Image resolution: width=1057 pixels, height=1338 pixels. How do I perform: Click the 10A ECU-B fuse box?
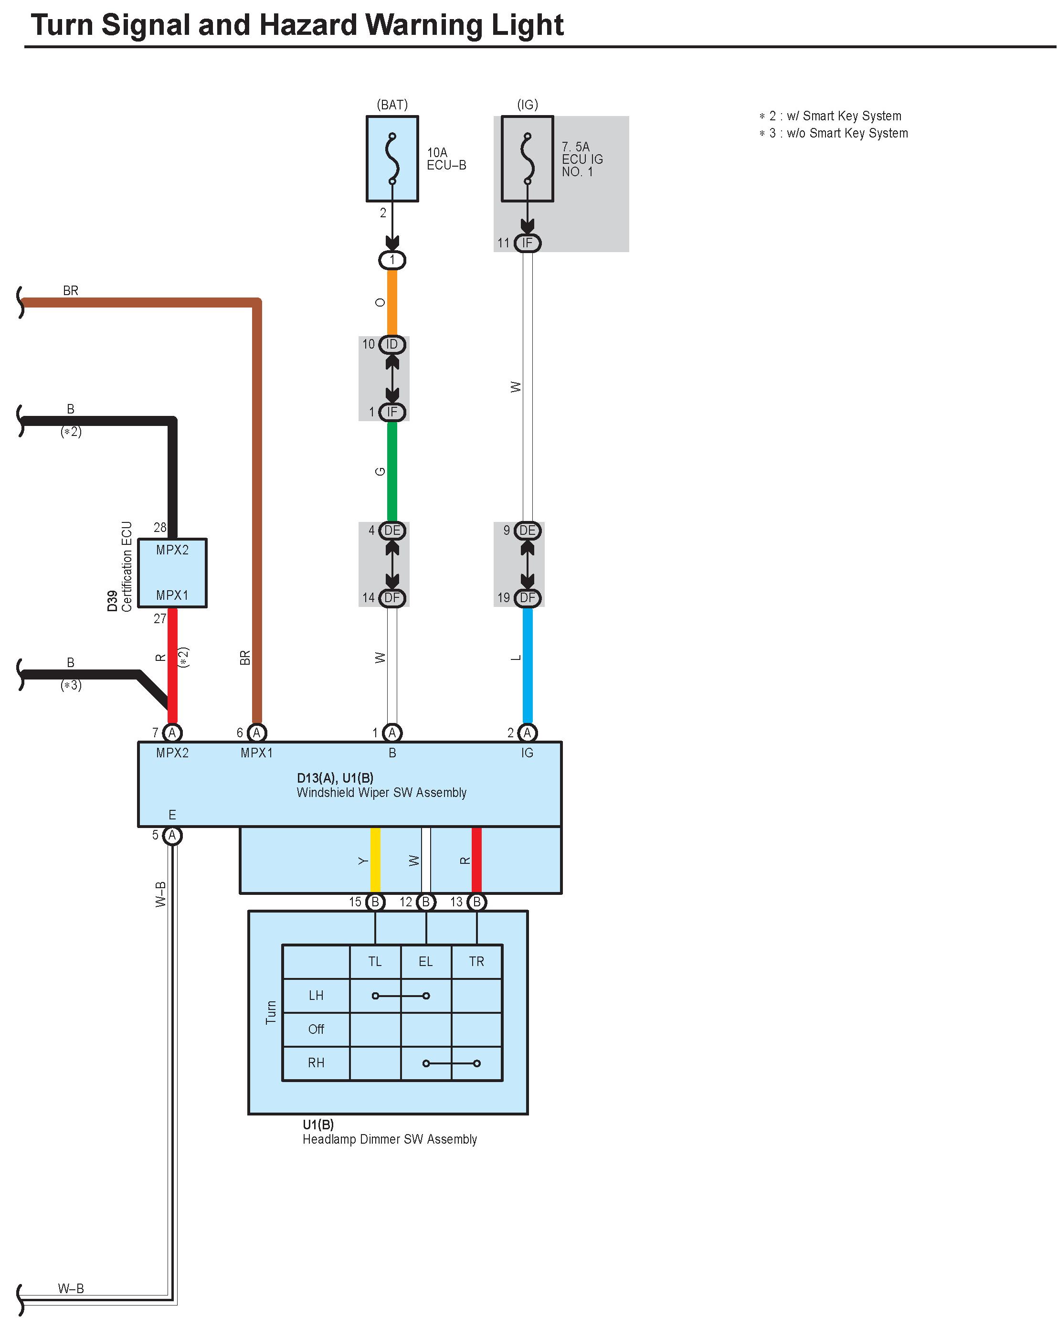pos(392,159)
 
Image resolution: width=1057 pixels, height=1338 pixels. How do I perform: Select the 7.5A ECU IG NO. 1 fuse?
pos(527,159)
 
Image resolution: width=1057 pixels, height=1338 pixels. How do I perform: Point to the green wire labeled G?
pos(392,472)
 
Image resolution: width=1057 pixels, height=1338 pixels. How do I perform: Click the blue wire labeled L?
pos(527,665)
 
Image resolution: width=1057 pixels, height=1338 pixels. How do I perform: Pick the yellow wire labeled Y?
pos(375,860)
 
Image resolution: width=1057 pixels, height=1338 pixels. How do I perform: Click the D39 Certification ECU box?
pos(172,573)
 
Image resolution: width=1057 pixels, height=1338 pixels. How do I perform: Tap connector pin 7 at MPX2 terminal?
pos(172,733)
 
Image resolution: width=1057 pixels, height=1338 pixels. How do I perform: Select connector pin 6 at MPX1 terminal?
pos(257,733)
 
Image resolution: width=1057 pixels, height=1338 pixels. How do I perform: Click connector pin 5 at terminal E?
pos(172,836)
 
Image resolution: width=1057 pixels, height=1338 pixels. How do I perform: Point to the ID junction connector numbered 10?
pos(392,344)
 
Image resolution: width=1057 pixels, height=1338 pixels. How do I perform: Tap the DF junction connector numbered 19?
pos(527,598)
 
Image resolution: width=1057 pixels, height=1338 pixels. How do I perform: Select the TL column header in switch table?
pos(375,961)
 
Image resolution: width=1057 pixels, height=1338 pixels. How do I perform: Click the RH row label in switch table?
pos(316,1062)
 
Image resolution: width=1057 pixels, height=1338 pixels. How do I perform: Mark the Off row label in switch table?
pos(316,1029)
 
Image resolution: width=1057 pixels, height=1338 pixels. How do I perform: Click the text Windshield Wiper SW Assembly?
pos(381,793)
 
